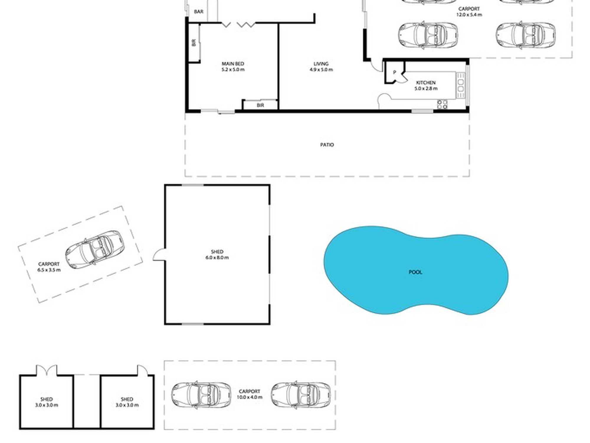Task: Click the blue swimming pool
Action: [x=416, y=270]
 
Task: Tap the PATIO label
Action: [x=327, y=145]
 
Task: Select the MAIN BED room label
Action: [x=233, y=64]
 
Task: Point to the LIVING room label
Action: [x=321, y=64]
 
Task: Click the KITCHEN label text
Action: [x=426, y=83]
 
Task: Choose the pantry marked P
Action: [x=394, y=72]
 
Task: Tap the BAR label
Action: [x=199, y=12]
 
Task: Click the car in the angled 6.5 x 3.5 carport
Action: [x=95, y=250]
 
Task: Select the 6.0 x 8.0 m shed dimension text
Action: [x=217, y=258]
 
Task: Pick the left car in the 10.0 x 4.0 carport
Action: [x=201, y=394]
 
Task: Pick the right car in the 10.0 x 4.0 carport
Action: [x=301, y=394]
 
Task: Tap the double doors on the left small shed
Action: [x=47, y=370]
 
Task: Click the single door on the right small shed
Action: [x=142, y=370]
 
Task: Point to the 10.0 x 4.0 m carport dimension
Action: [x=250, y=397]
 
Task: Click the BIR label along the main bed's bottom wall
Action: [x=260, y=105]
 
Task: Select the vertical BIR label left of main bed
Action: [x=194, y=43]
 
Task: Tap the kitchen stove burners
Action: [x=442, y=104]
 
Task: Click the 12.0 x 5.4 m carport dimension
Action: [x=469, y=15]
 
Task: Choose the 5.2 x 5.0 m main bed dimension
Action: [x=233, y=70]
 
